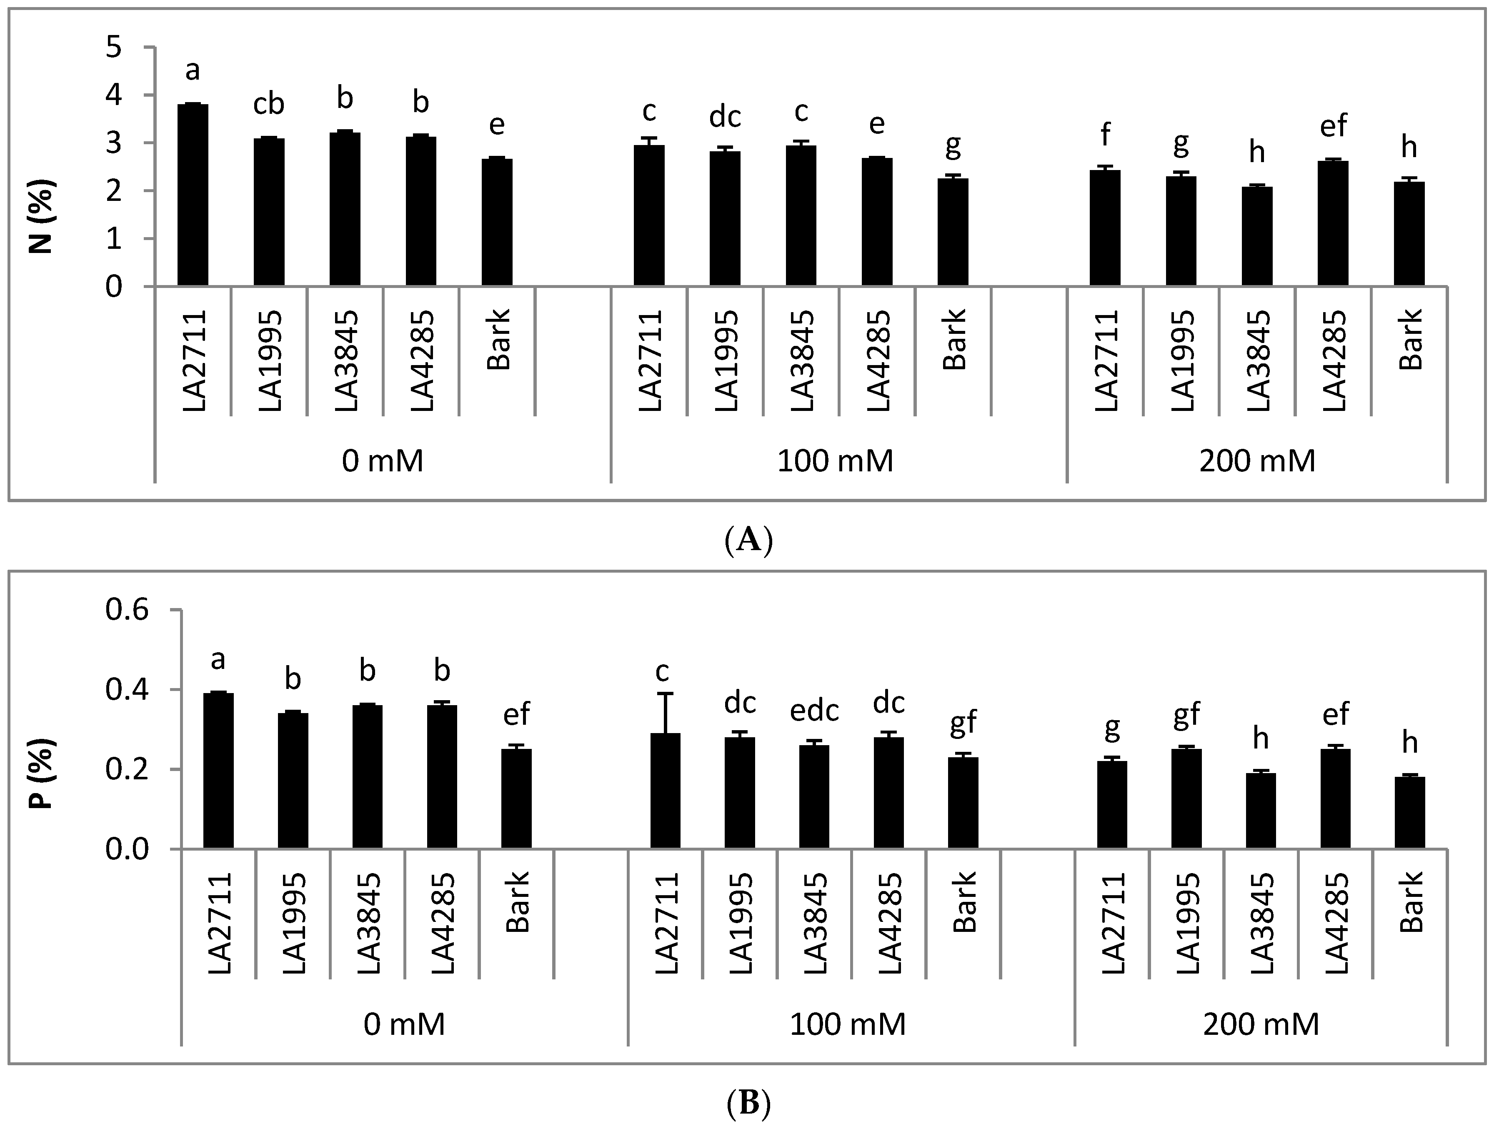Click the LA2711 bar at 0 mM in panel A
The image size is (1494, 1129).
[x=193, y=196]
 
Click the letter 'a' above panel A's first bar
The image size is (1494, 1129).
[x=193, y=70]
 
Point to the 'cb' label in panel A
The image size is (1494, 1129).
[x=269, y=105]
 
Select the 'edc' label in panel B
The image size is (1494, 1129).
[x=815, y=710]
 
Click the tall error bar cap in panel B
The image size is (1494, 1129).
[x=665, y=693]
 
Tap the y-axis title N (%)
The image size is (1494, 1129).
[x=42, y=216]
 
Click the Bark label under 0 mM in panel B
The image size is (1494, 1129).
[x=517, y=901]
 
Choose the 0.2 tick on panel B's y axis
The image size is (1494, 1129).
[x=126, y=770]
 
